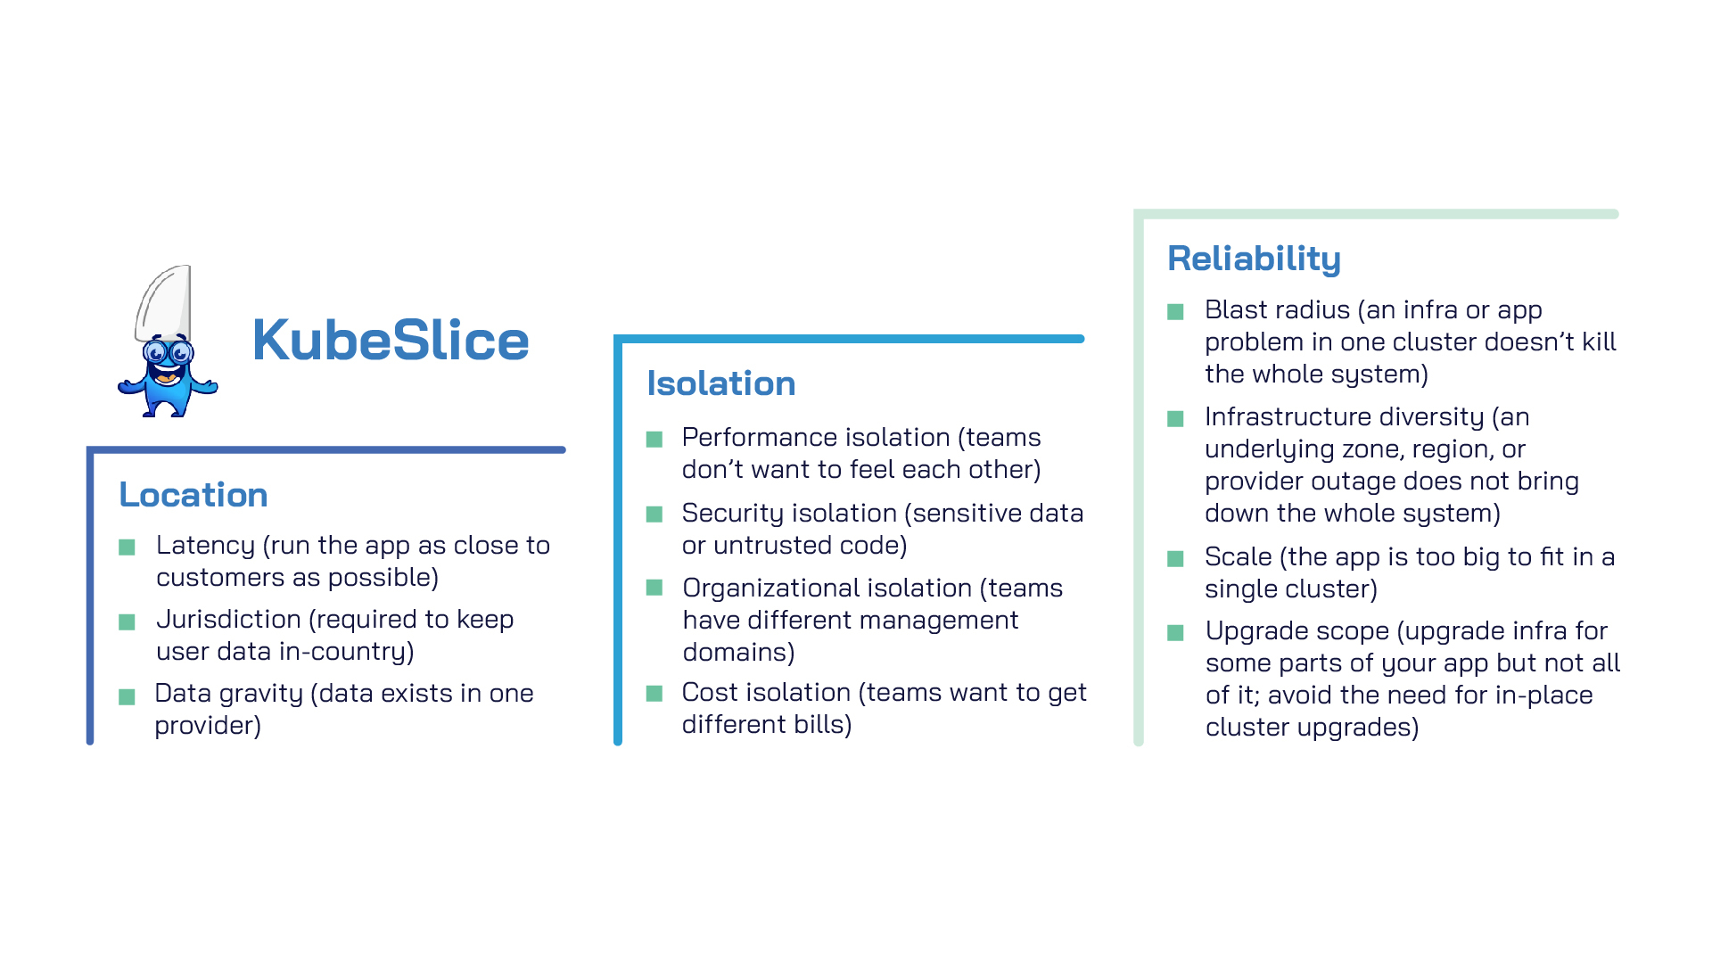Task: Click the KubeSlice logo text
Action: (x=391, y=341)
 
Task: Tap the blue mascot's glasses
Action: (x=168, y=352)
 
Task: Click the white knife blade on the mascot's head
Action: (x=163, y=303)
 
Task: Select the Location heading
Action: (x=193, y=495)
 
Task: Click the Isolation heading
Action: (x=721, y=383)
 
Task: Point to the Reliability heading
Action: (x=1254, y=259)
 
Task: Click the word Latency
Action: (x=205, y=546)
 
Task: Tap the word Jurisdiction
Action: (x=228, y=619)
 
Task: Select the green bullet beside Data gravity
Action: (x=127, y=696)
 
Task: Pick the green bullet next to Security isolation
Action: (x=654, y=514)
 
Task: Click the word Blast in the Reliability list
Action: (x=1235, y=310)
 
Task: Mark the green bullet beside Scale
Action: (x=1176, y=559)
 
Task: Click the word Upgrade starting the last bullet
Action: (x=1253, y=631)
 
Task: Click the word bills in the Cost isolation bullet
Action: (x=823, y=725)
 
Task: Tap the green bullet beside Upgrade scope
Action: (x=1176, y=633)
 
